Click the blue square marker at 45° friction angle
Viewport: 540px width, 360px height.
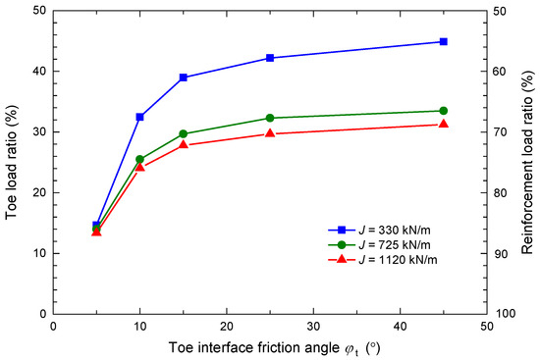[x=443, y=41]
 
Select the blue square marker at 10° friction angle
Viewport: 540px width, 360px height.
[x=139, y=117]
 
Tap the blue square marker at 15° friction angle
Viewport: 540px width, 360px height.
[x=183, y=77]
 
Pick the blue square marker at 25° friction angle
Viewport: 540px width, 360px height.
[x=270, y=58]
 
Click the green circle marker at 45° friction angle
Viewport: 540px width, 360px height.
[x=443, y=111]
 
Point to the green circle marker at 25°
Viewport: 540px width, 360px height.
[x=270, y=118]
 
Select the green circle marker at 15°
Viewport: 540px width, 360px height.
[x=183, y=133]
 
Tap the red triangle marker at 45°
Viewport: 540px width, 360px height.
[x=443, y=124]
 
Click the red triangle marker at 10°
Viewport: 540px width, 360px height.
[x=139, y=167]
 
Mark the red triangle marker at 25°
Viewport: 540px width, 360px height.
[x=270, y=133]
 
